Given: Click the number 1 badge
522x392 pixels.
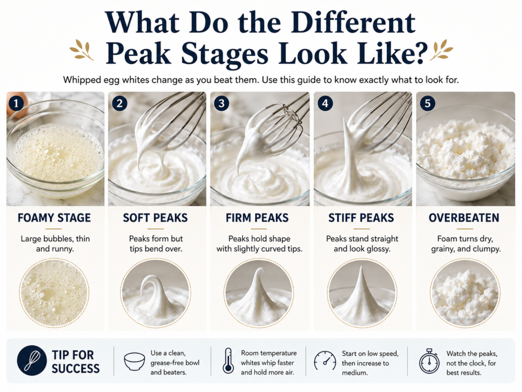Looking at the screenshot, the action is tap(16, 103).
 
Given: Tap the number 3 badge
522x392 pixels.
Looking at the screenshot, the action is tap(221, 103).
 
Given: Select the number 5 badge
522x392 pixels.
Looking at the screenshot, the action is tap(428, 103).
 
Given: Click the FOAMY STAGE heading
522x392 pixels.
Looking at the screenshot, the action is tap(54, 218).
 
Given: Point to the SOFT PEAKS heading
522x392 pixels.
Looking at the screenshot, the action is tap(155, 218).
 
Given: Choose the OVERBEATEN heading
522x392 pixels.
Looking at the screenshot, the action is tap(464, 218).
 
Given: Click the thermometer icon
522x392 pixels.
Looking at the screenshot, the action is tap(228, 361).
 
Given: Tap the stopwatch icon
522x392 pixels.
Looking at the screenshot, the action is tap(429, 361).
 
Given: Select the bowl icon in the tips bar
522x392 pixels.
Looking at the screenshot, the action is tap(135, 362).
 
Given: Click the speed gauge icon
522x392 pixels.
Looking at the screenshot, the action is tap(325, 361).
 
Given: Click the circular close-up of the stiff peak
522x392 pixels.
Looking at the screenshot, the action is tap(362, 293).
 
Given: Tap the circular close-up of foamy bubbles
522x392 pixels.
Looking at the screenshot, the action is tap(54, 293).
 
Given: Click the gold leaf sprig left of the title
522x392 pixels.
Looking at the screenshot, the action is tap(82, 50).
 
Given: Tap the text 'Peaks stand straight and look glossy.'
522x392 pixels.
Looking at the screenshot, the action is tap(362, 243).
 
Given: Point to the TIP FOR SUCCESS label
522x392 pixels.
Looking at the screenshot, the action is tap(75, 362).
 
